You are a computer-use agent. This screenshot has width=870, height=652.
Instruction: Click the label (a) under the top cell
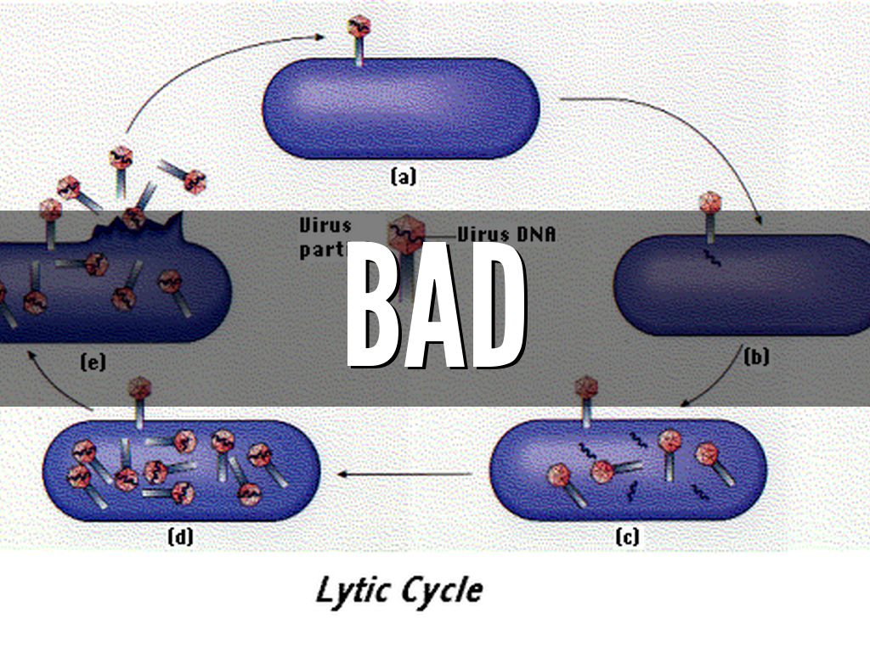(403, 177)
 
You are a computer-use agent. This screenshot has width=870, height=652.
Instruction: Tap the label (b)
(756, 357)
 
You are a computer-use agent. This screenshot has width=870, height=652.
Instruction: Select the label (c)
(627, 537)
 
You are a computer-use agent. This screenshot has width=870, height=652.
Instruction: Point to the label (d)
(180, 537)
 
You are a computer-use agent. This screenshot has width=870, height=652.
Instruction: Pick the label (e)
(93, 363)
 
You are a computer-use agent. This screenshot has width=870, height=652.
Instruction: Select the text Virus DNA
(506, 233)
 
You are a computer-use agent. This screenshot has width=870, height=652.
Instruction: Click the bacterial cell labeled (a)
(401, 108)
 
